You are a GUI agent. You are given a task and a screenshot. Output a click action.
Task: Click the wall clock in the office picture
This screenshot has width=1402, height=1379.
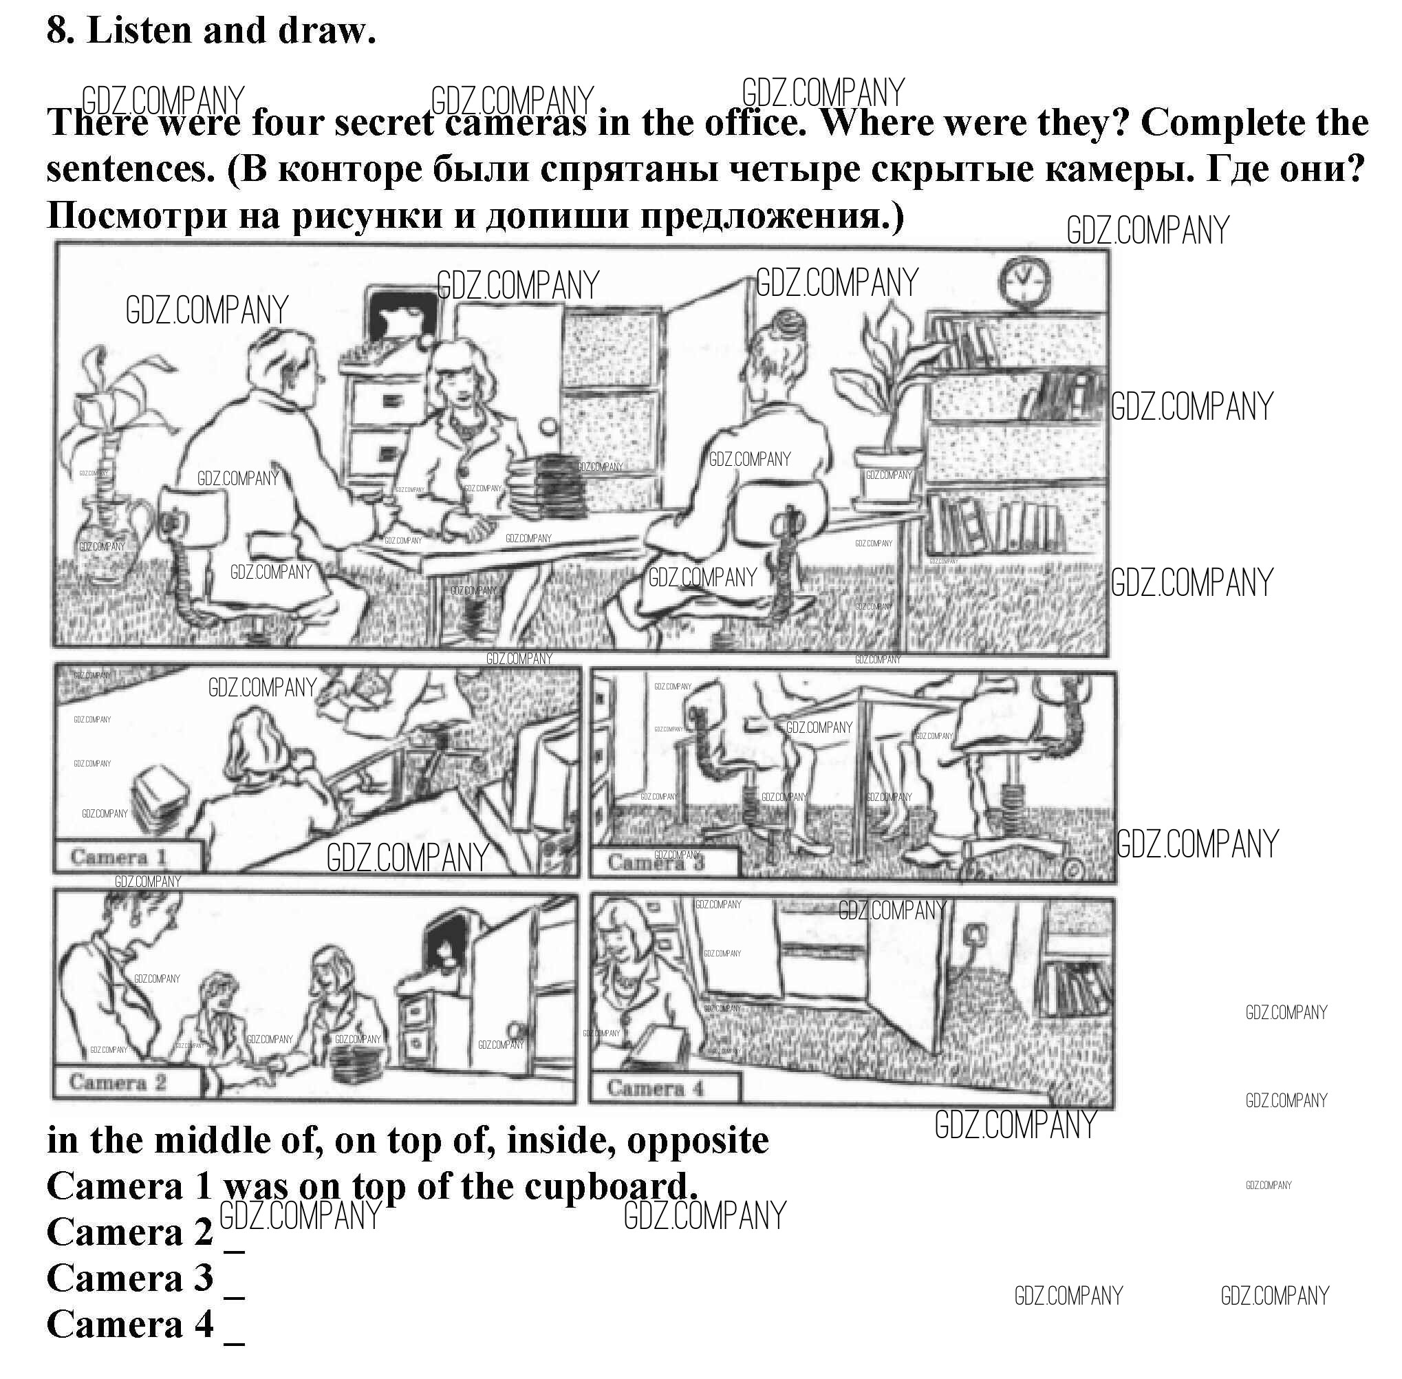pos(1026,281)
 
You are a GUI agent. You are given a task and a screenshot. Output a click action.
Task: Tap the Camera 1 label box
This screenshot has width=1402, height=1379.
pos(127,857)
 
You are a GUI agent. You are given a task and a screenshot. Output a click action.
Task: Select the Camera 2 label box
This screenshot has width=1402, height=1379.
pos(127,1083)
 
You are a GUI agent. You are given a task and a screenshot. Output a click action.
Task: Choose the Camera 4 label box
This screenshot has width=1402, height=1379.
pos(665,1089)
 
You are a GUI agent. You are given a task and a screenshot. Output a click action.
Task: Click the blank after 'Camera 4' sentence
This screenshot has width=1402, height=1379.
pos(235,1344)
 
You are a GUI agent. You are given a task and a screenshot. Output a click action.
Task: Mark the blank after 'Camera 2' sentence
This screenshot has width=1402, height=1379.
pos(235,1252)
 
